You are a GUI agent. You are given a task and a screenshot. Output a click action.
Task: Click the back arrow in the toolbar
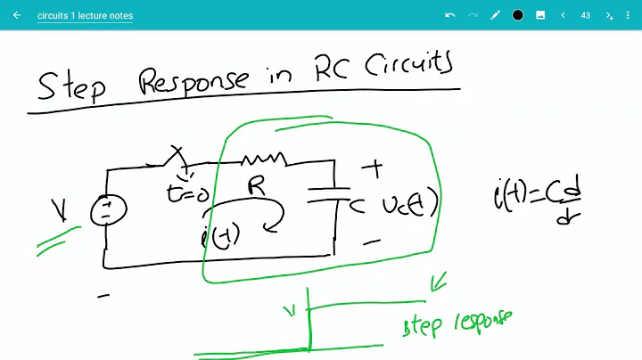17,15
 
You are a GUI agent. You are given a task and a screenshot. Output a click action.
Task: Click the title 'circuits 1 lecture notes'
86,15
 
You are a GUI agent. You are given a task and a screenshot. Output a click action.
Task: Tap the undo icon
450,15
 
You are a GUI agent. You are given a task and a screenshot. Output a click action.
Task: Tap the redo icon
473,15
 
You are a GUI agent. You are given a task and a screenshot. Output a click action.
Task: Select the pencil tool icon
496,15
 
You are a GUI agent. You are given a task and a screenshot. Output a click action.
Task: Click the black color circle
518,15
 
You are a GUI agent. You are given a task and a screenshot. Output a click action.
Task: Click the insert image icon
540,15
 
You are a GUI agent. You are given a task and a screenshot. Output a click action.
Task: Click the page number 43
586,15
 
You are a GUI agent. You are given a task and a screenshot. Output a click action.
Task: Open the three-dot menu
628,15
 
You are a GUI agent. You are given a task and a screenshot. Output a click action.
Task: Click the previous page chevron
563,15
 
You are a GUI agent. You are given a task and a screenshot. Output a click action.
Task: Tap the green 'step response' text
457,323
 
